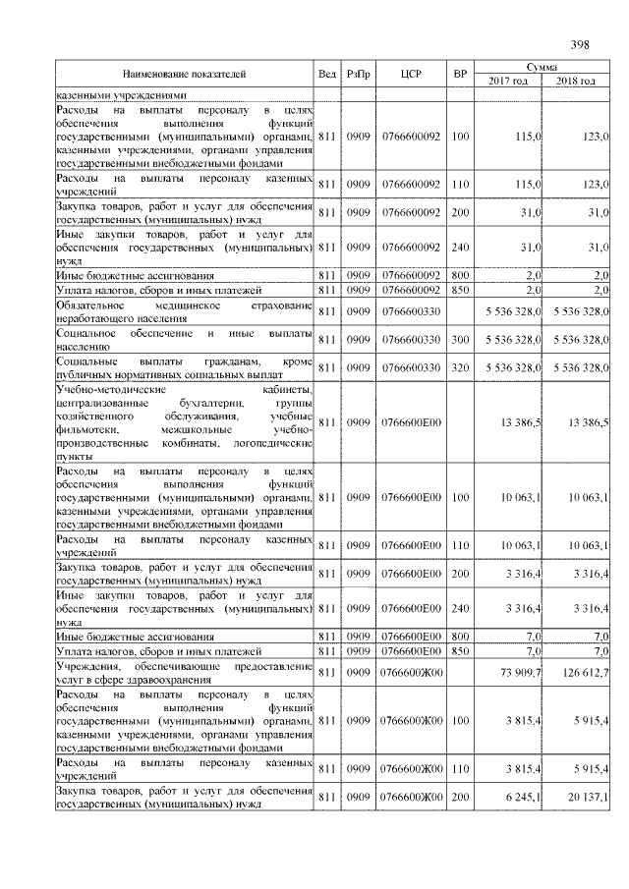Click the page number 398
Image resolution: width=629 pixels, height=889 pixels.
[579, 44]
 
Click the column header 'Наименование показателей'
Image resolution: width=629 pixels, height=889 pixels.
[184, 74]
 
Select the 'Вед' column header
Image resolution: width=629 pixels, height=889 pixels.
[327, 74]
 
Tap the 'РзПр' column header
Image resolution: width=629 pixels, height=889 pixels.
[359, 74]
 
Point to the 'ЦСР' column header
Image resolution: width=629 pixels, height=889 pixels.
[412, 74]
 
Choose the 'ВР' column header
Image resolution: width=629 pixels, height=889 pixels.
[460, 74]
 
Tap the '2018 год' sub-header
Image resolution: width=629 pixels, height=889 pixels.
[575, 81]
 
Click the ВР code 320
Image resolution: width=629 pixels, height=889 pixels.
[460, 366]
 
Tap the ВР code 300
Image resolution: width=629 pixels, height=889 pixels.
[460, 339]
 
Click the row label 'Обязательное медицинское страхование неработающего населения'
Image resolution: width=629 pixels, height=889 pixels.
[184, 311]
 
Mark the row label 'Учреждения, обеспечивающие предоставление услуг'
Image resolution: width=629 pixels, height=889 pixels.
[184, 672]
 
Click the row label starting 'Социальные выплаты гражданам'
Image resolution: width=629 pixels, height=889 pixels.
[184, 366]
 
